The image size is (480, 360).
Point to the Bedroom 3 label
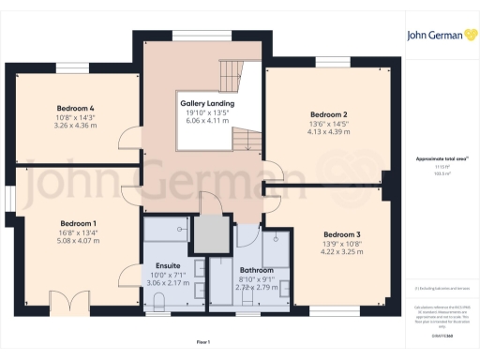click(x=341, y=234)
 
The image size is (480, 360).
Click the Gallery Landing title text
click(x=206, y=103)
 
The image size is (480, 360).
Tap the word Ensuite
click(x=168, y=266)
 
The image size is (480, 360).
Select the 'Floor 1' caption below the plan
click(x=202, y=343)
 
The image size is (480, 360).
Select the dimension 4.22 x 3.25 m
click(x=341, y=251)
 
